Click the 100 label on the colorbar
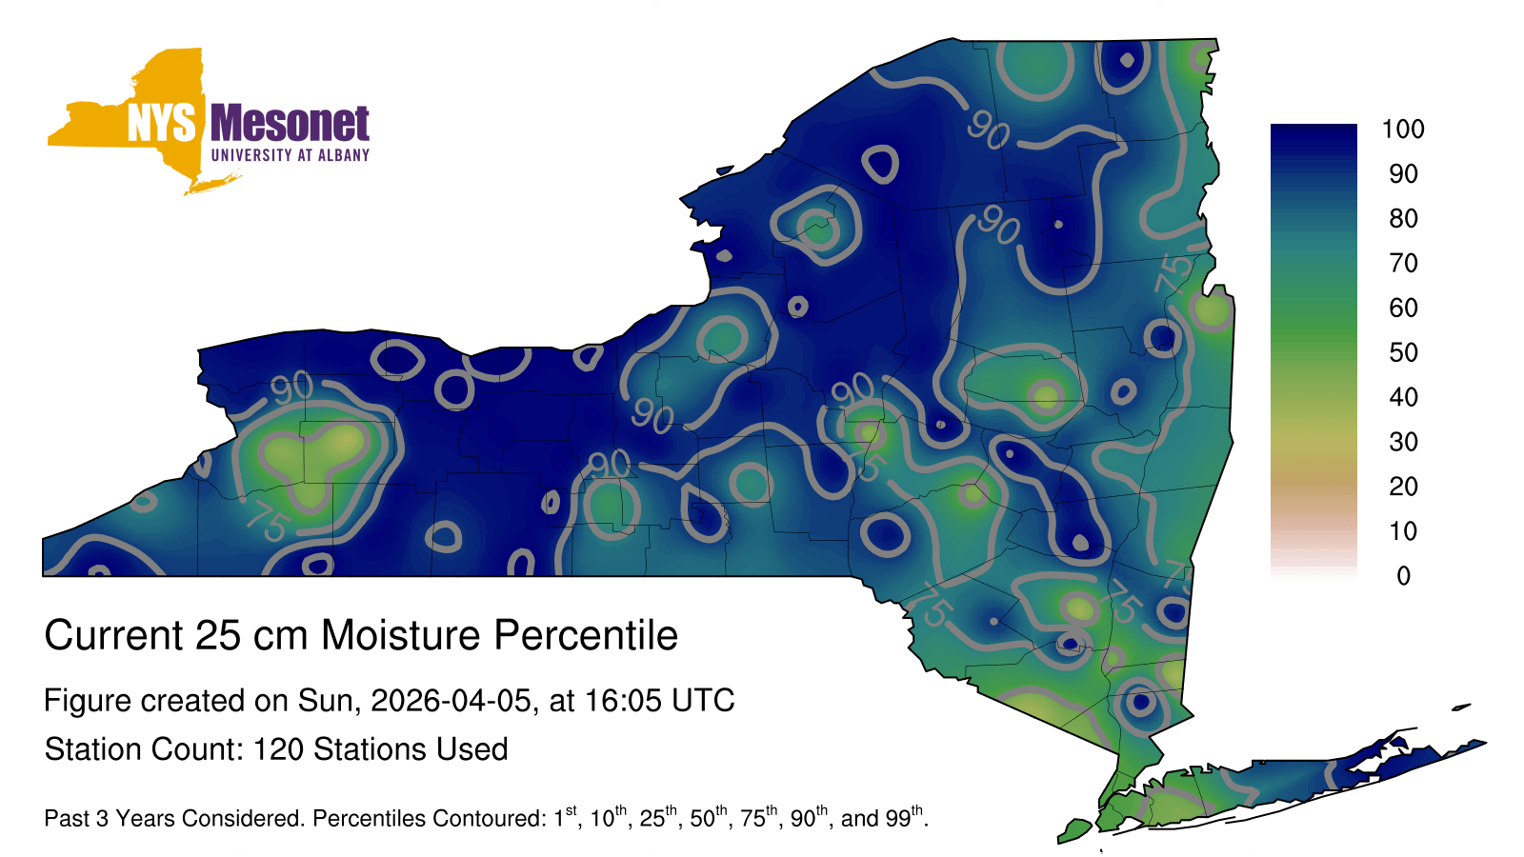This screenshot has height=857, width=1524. coord(1403,130)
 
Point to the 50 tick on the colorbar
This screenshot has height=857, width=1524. coord(1404,352)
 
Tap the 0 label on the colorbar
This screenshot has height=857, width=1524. coord(1404,576)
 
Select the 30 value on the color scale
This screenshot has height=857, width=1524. coord(1404,442)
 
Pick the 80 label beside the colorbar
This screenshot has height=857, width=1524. coord(1404,218)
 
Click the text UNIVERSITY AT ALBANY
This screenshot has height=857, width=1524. coord(291,155)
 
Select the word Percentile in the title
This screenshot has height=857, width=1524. coord(586,635)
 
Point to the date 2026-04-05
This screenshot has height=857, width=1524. coord(451,701)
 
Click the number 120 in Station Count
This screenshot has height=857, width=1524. coord(277,749)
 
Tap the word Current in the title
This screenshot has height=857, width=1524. coord(113,635)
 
